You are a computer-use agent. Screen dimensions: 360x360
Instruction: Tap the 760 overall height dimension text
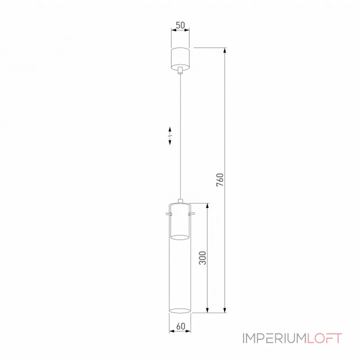coord(220,179)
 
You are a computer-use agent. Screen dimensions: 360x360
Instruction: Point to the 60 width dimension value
coord(180,325)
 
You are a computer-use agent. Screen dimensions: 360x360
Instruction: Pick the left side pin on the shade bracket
coord(167,213)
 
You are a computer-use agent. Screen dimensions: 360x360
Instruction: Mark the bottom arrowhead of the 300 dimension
coord(207,310)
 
